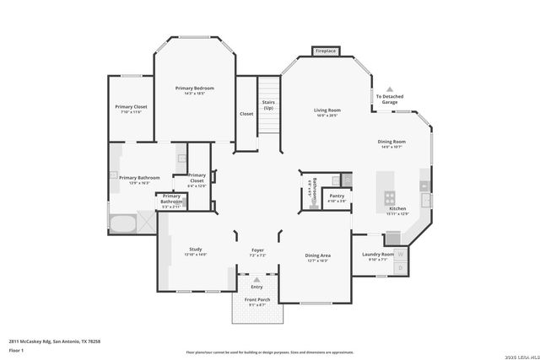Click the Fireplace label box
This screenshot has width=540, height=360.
(327, 51)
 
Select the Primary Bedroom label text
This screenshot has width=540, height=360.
(194, 88)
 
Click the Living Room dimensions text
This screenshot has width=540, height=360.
(327, 116)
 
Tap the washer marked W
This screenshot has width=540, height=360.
(401, 254)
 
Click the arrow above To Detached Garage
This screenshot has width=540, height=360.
(390, 89)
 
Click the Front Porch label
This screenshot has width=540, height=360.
(256, 300)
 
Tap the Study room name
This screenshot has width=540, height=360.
(195, 249)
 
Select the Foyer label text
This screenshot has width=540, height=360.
(258, 250)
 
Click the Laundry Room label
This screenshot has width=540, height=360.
(377, 254)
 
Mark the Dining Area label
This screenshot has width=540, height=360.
(317, 255)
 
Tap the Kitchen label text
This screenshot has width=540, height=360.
(397, 208)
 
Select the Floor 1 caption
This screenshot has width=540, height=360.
(15, 350)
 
